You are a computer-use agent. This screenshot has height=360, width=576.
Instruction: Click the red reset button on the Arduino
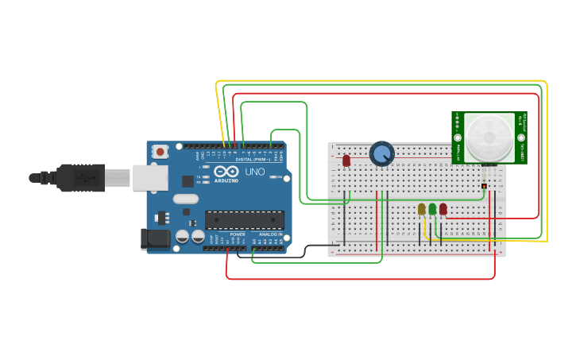(x=160, y=151)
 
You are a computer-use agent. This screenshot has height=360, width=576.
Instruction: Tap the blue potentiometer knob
(x=382, y=154)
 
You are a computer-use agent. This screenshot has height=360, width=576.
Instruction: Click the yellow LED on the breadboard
(x=422, y=209)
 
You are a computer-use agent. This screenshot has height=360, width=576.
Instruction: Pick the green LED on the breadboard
(x=432, y=209)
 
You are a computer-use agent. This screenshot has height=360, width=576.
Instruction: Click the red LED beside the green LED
(x=443, y=209)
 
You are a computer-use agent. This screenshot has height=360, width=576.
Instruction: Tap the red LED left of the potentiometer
(x=346, y=161)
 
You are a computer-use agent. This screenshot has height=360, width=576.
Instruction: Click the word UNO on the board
(x=254, y=172)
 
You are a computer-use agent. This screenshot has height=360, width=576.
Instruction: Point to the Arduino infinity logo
(x=226, y=172)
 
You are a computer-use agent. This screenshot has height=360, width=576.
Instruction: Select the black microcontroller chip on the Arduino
(x=245, y=219)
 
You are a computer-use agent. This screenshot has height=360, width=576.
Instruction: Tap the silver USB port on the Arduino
(x=149, y=178)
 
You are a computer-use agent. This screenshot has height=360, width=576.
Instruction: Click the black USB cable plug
(x=79, y=177)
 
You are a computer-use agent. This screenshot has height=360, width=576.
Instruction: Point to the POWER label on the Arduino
(x=238, y=234)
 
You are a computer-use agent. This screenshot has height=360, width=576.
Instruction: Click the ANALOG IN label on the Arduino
(x=271, y=234)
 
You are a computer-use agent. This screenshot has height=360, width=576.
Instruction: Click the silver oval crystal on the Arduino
(x=184, y=199)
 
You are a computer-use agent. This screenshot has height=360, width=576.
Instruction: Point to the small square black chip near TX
(x=187, y=181)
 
